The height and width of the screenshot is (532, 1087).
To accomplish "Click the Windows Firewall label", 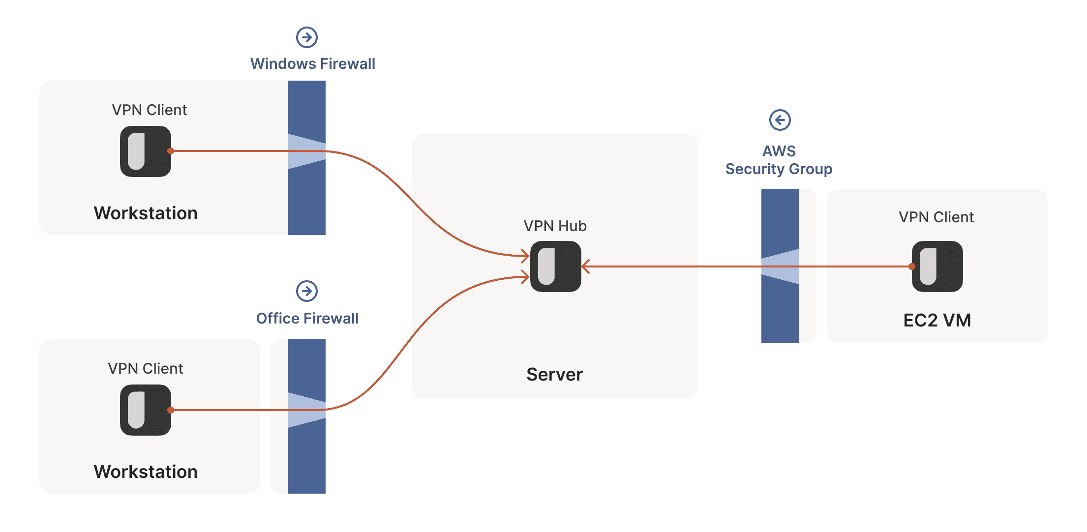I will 312,64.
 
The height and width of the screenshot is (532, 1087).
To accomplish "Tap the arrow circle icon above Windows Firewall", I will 307,37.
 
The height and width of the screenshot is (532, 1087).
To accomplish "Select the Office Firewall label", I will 307,319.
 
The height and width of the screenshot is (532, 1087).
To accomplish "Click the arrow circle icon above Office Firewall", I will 307,291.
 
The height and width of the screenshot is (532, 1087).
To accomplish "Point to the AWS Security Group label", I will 779,160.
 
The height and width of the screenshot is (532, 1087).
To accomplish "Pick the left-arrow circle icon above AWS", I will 780,120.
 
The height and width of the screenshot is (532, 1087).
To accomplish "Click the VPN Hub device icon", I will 555,266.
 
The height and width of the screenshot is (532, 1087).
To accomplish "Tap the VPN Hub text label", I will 555,226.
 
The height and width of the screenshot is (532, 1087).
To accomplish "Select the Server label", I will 554,375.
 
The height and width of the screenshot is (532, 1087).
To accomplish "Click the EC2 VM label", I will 937,321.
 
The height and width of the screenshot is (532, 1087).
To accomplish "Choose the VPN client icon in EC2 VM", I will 937,266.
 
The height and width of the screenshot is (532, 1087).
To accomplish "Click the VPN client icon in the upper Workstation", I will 146,151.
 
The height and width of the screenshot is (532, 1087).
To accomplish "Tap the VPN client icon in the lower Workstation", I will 146,410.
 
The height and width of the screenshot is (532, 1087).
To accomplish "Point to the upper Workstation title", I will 146,213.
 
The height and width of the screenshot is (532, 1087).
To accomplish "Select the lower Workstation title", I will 146,472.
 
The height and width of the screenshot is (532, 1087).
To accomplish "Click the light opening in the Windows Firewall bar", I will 307,151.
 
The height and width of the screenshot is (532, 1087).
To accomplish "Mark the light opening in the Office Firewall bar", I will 307,410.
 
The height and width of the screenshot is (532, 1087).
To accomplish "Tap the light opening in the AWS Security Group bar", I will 780,266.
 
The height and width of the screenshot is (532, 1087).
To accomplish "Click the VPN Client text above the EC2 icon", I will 936,217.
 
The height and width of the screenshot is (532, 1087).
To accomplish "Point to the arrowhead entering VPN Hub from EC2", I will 585,266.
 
